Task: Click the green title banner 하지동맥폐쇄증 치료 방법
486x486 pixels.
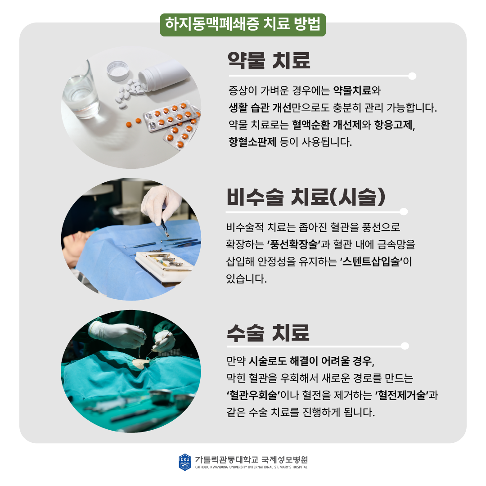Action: [x=243, y=25]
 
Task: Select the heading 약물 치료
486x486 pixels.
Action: [x=269, y=60]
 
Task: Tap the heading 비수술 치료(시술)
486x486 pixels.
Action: [x=306, y=197]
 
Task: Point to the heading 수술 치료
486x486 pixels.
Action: [x=268, y=333]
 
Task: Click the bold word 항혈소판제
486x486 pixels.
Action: [x=252, y=142]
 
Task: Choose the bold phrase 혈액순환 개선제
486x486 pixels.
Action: [x=327, y=125]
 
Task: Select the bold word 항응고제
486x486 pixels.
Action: [x=393, y=125]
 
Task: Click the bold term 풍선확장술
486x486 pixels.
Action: [x=293, y=244]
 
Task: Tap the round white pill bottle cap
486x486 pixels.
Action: [x=118, y=71]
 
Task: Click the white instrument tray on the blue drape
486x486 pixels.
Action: [x=164, y=266]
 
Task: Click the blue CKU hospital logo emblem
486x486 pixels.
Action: [x=185, y=462]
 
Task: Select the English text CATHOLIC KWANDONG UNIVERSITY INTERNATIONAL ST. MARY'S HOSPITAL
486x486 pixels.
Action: [x=252, y=467]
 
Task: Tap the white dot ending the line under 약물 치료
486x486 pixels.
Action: [x=412, y=76]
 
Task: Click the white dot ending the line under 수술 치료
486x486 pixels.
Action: [x=405, y=346]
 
